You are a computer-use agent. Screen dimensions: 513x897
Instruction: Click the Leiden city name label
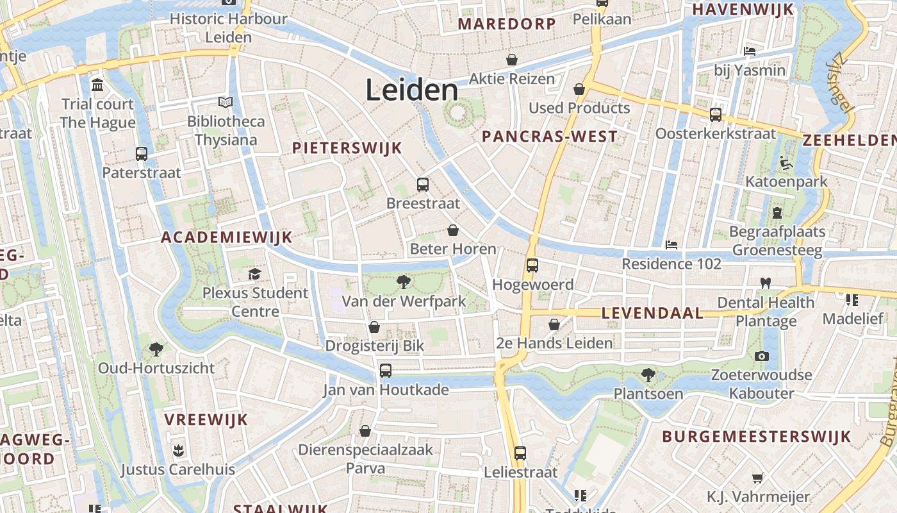(412, 90)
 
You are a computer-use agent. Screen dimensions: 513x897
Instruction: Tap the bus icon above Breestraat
(423, 185)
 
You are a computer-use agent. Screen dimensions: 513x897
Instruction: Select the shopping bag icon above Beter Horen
(453, 230)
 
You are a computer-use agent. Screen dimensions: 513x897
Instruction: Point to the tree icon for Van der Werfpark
(404, 282)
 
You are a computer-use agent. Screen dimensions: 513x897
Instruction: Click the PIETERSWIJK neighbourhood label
(347, 148)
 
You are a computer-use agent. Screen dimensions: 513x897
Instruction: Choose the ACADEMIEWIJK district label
(226, 237)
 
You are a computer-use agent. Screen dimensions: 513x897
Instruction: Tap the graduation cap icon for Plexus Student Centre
(255, 274)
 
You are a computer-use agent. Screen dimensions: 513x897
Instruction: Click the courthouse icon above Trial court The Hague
(97, 85)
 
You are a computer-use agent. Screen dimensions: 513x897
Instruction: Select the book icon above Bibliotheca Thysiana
(226, 102)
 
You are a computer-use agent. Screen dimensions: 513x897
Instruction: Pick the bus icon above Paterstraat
(142, 154)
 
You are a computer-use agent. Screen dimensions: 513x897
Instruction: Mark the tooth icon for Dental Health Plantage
(765, 283)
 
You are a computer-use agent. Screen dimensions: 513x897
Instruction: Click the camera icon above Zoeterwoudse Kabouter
(761, 356)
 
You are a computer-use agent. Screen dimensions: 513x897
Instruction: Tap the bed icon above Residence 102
(671, 244)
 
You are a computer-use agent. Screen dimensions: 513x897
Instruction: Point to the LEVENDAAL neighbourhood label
(652, 314)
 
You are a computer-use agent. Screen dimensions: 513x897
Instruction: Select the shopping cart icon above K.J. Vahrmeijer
(758, 478)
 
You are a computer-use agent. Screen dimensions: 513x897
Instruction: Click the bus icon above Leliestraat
(520, 453)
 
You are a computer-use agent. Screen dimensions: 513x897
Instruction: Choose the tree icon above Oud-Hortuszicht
(156, 349)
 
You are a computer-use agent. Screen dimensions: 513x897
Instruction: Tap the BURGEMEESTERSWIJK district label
(756, 437)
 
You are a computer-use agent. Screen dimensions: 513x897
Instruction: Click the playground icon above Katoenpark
(786, 163)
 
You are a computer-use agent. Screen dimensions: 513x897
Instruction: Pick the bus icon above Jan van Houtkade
(386, 370)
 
